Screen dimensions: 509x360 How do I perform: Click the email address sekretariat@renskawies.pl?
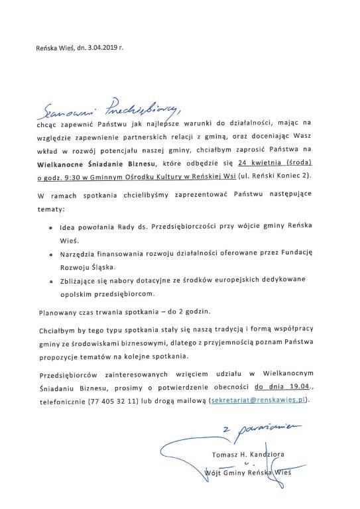[x=259, y=401]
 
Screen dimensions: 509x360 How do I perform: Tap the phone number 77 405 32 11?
[x=111, y=401]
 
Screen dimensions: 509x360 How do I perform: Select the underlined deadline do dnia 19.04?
[x=289, y=386]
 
